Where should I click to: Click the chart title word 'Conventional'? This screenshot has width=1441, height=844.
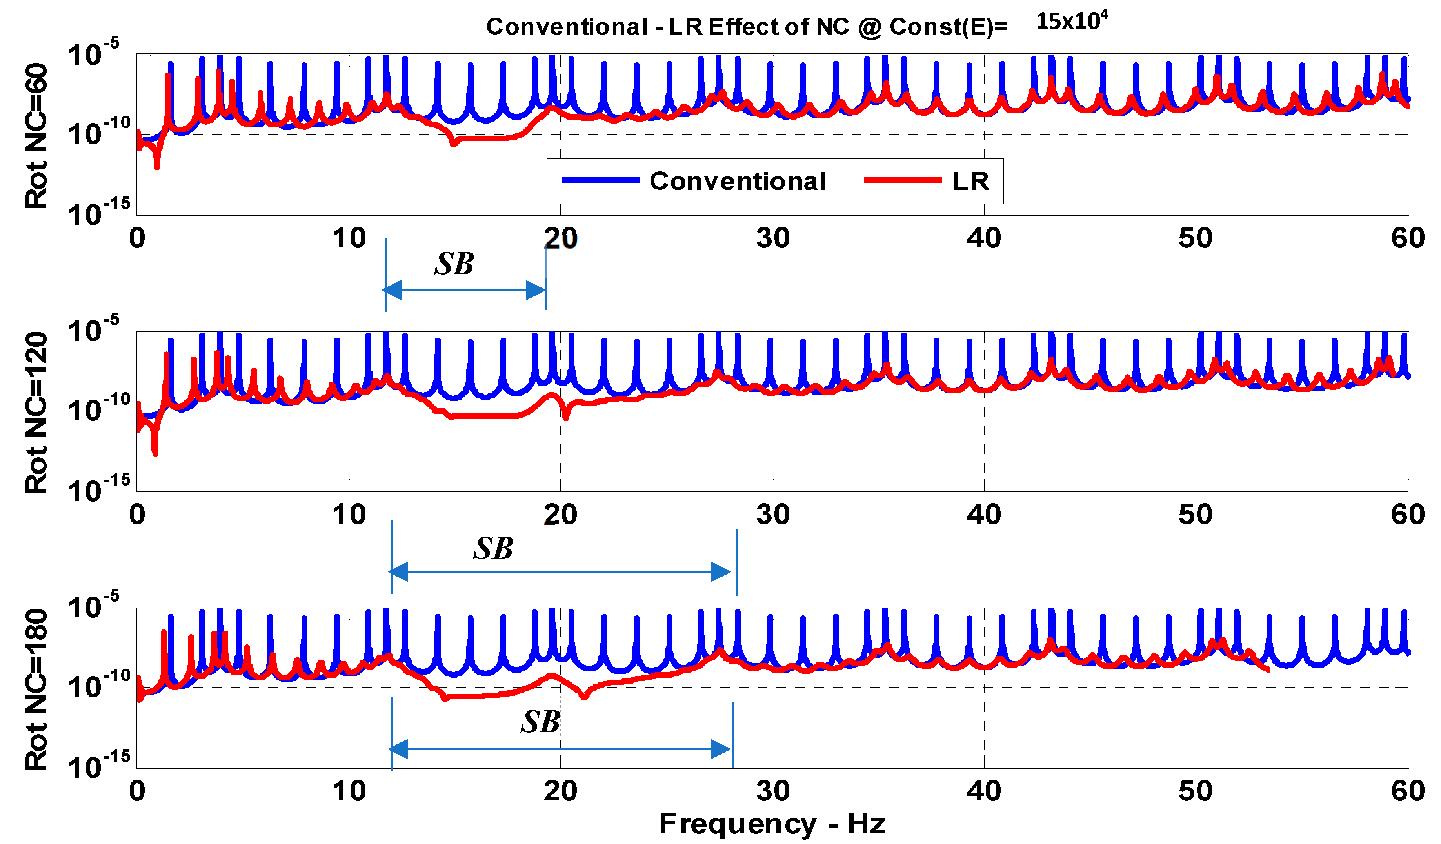coord(567,27)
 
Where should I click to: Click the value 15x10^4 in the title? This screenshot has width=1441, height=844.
coord(1071,21)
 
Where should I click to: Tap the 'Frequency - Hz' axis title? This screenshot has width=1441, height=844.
coord(772,824)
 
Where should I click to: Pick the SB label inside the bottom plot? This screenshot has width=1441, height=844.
coord(540,722)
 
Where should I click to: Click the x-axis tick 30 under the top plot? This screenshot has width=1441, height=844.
coord(772,238)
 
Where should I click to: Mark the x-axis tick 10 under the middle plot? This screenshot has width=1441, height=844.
coord(349,515)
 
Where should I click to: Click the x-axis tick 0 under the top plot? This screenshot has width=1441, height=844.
coord(137,238)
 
